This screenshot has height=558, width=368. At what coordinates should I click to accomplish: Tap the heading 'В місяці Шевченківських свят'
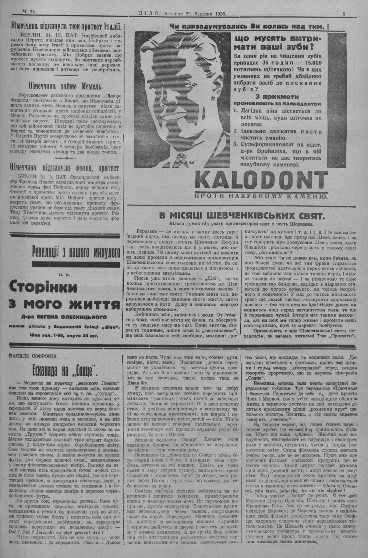click(x=241, y=215)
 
